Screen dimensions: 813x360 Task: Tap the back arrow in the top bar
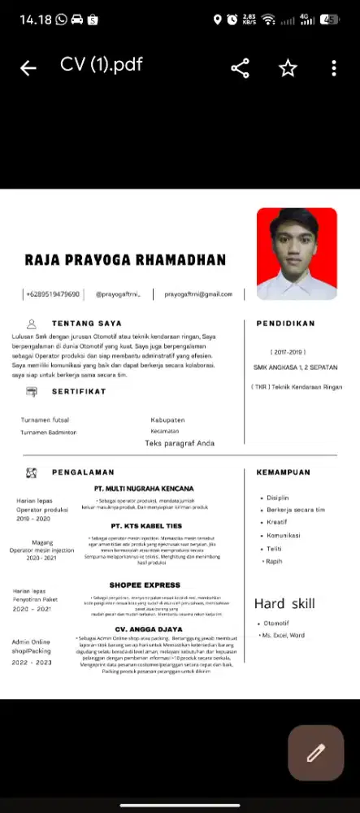[28, 69]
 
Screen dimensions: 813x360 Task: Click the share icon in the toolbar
[241, 69]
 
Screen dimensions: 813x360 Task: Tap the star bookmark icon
[288, 69]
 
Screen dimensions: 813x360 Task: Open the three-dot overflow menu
[334, 69]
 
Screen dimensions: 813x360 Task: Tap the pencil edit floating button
[316, 753]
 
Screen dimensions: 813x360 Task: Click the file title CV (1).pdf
[101, 65]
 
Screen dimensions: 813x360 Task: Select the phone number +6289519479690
[53, 293]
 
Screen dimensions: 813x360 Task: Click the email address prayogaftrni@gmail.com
[198, 293]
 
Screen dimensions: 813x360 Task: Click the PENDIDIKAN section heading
[285, 323]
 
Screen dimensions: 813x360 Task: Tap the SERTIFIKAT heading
[79, 391]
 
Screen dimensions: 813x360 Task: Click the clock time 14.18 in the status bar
[36, 19]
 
